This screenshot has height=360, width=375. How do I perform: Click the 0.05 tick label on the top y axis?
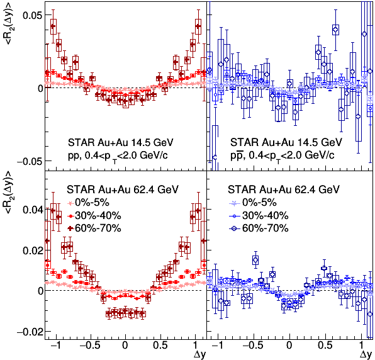[32, 15]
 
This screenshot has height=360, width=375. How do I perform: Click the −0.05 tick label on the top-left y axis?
[29, 162]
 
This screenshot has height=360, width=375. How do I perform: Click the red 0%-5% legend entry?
[88, 203]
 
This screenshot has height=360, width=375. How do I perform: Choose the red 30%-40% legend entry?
[94, 216]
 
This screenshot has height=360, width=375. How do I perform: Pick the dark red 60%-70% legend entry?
[94, 228]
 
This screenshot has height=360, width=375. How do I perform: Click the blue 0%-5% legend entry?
[253, 203]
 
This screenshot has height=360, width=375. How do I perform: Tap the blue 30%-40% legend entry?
[259, 216]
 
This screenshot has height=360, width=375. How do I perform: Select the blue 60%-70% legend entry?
[259, 228]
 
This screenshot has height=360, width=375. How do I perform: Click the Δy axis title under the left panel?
[199, 354]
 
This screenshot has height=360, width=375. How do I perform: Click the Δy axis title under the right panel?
[366, 354]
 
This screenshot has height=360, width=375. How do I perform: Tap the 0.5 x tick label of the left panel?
[160, 346]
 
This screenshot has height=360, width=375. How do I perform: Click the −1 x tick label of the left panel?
[55, 346]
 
